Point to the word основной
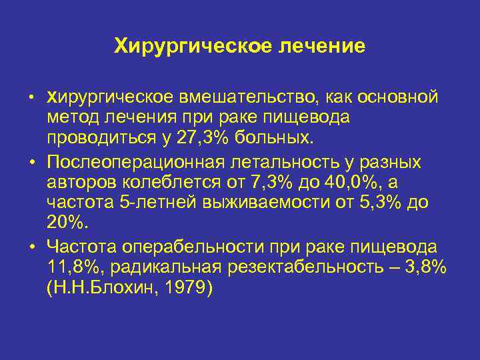point(398,97)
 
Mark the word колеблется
point(185,183)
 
